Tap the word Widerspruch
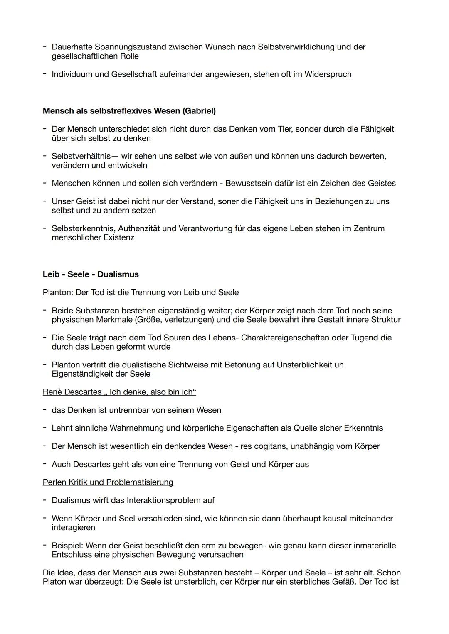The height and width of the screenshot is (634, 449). [x=328, y=74]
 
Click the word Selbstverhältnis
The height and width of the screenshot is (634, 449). [x=81, y=156]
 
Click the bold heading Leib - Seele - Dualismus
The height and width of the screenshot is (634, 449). [x=91, y=274]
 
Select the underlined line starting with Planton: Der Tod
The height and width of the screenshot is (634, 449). [x=141, y=293]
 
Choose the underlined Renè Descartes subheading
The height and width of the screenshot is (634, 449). [x=119, y=392]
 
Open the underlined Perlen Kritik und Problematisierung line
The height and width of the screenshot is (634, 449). [x=108, y=482]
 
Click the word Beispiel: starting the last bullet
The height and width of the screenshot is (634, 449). [x=67, y=546]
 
